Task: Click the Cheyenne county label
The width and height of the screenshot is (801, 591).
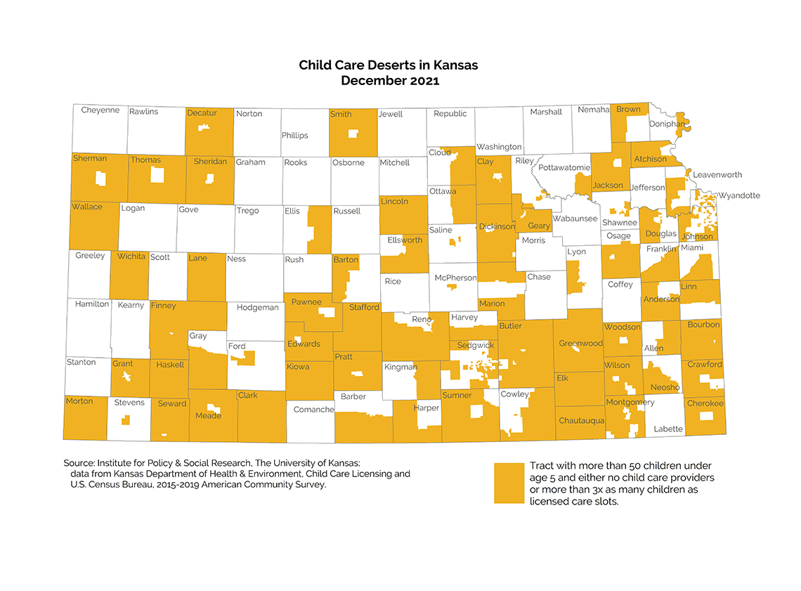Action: pyautogui.click(x=100, y=110)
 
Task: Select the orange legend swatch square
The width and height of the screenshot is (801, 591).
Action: pyautogui.click(x=509, y=483)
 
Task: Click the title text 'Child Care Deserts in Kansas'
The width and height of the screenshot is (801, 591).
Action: pyautogui.click(x=388, y=65)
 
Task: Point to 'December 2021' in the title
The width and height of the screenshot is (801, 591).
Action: pyautogui.click(x=389, y=81)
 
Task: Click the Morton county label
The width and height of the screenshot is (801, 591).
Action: pyautogui.click(x=79, y=401)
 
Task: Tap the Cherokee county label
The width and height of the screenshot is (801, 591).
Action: pyautogui.click(x=705, y=403)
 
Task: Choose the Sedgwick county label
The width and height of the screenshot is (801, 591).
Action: pyautogui.click(x=476, y=346)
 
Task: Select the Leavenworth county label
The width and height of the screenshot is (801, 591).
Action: pyautogui.click(x=717, y=174)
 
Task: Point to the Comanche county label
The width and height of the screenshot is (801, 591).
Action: pyautogui.click(x=313, y=409)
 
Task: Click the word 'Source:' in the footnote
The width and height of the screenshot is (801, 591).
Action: pyautogui.click(x=79, y=463)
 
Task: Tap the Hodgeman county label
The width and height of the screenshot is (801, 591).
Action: pyautogui.click(x=257, y=308)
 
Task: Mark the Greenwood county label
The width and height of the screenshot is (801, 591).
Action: pyautogui.click(x=580, y=344)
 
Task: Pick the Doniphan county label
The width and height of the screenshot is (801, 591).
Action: pyautogui.click(x=667, y=124)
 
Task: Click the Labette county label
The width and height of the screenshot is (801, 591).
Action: pyautogui.click(x=667, y=429)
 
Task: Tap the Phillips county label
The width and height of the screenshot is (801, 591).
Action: pyautogui.click(x=294, y=136)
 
